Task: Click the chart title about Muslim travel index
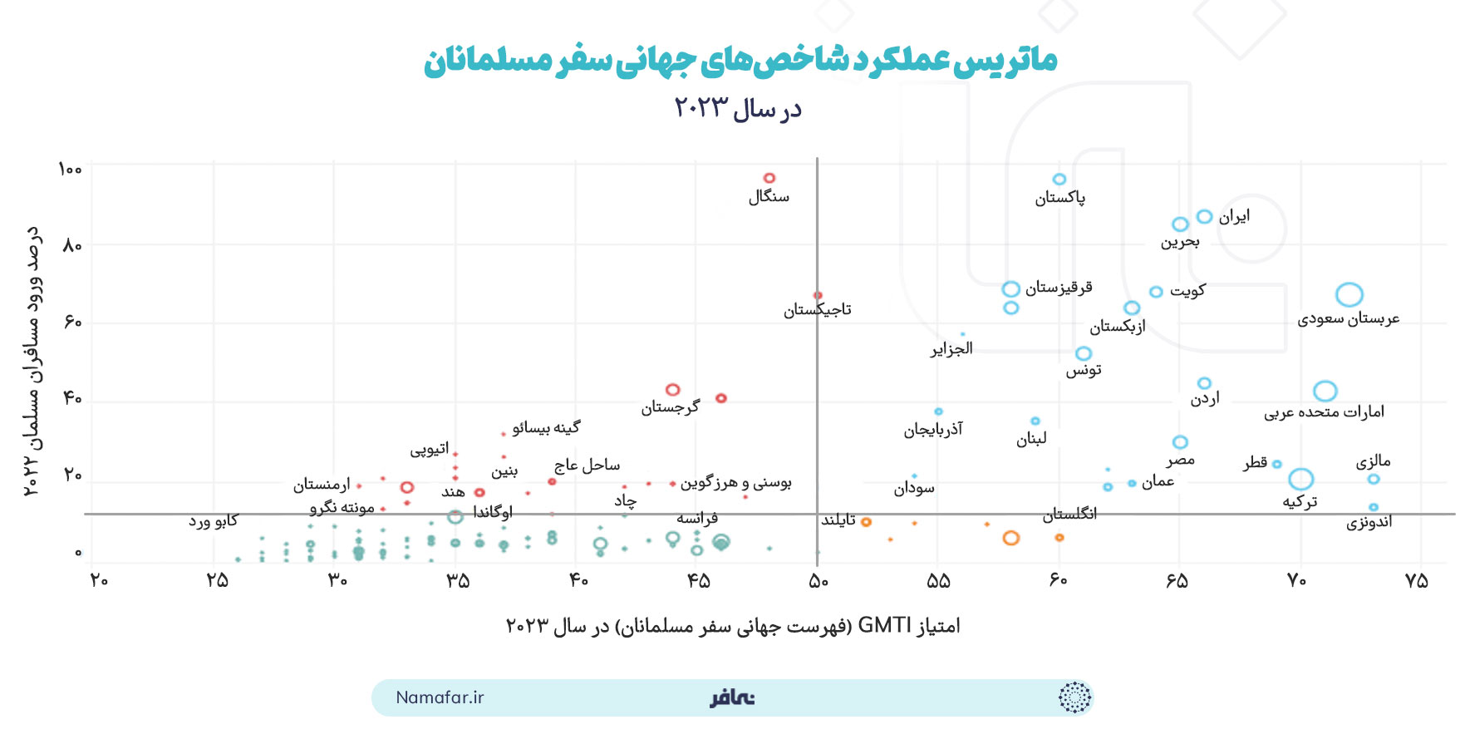[740, 60]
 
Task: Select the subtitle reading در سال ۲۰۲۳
[738, 109]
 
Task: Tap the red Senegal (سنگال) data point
[769, 178]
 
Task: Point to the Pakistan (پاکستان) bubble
[1059, 180]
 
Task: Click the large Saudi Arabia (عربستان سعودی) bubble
[1349, 294]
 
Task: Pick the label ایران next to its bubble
[1234, 217]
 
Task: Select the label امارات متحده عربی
[1324, 412]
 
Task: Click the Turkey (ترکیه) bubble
[1301, 479]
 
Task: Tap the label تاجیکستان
[818, 310]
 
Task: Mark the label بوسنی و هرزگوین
[735, 483]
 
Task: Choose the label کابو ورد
[213, 521]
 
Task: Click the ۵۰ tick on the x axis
[819, 581]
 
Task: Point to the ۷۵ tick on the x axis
[1417, 581]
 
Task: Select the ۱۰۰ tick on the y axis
[71, 170]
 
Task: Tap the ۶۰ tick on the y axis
[73, 322]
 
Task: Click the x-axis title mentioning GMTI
[733, 626]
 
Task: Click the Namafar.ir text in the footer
[440, 697]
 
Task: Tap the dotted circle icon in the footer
[1074, 697]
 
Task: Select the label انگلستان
[1070, 515]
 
